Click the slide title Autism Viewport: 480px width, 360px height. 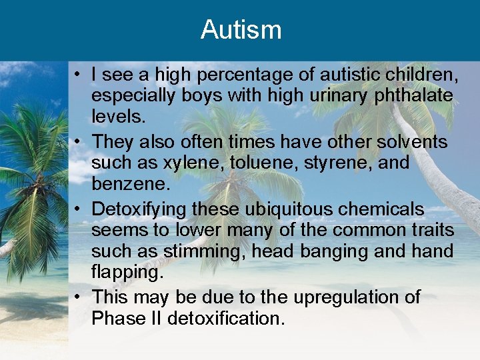click(x=241, y=30)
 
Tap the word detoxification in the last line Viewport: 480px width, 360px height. click(x=225, y=318)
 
